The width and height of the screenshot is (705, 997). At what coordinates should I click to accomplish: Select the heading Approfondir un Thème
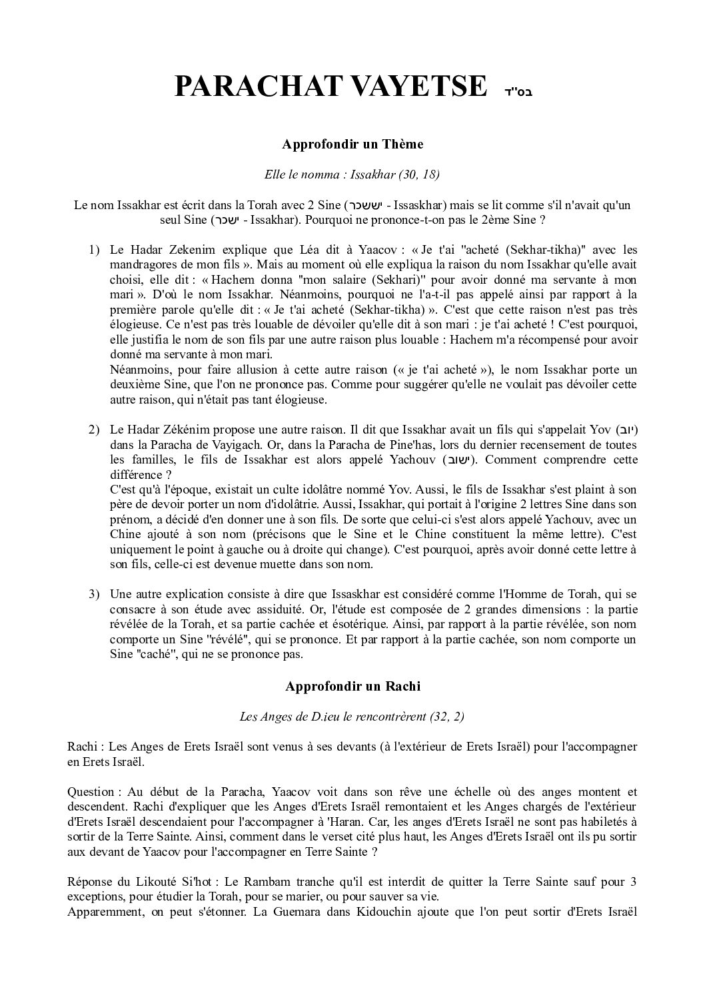click(x=352, y=144)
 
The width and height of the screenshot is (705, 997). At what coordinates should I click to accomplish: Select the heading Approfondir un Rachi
click(x=352, y=687)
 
